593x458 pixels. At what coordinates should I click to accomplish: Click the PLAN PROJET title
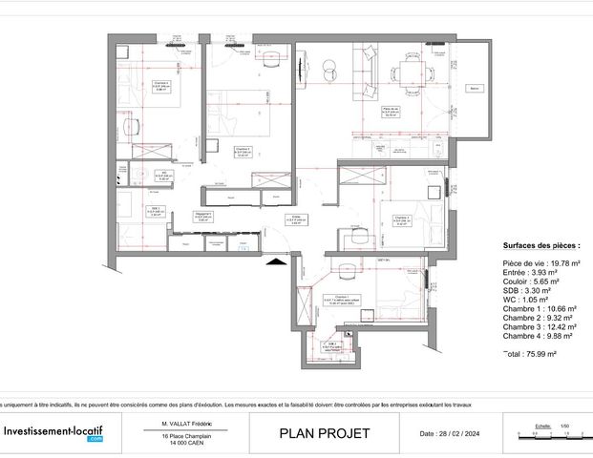pos(324,434)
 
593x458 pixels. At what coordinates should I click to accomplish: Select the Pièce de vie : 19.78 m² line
pos(541,262)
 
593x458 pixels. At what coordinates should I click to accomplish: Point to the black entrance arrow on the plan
pos(276,259)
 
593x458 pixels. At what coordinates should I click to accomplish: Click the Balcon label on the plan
pos(474,89)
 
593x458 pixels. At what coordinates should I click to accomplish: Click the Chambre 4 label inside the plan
pos(161,84)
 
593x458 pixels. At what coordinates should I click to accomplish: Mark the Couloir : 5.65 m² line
pos(530,281)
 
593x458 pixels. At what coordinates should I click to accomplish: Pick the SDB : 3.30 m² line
pos(528,290)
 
